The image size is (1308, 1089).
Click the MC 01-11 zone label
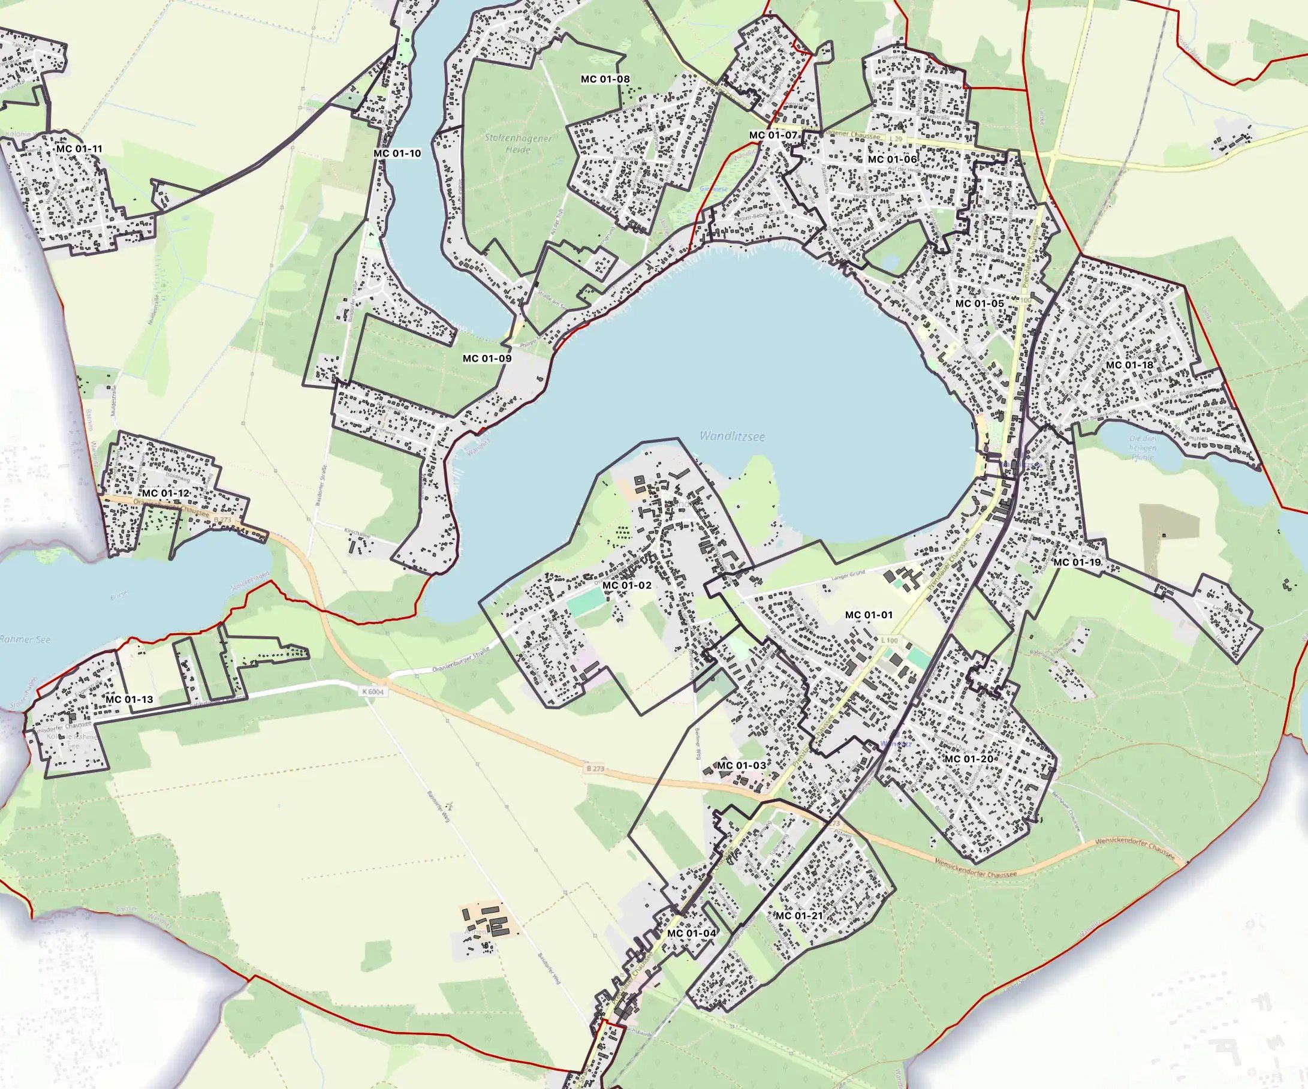tap(79, 149)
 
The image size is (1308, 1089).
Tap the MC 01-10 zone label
tap(397, 154)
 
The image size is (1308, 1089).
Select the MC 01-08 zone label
tap(605, 79)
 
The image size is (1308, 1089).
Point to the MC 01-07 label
tap(773, 135)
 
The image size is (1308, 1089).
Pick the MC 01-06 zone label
tap(892, 160)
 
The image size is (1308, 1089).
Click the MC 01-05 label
tap(979, 303)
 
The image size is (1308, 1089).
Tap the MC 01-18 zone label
tap(1129, 365)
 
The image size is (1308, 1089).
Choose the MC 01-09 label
tap(487, 358)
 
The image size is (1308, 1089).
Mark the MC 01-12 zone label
tap(165, 493)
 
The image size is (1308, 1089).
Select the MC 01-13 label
tap(129, 699)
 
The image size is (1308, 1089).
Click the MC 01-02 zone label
tap(626, 585)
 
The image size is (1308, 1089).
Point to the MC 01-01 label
tap(868, 615)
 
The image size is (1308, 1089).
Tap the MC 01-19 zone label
tap(1077, 562)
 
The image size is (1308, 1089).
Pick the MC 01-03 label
tap(741, 765)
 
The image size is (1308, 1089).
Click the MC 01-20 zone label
tap(969, 758)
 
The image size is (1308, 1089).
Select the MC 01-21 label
tap(798, 915)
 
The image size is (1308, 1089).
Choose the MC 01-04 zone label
tap(691, 932)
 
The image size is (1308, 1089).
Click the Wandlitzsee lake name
tap(732, 436)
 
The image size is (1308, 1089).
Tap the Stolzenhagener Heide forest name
tap(518, 143)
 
